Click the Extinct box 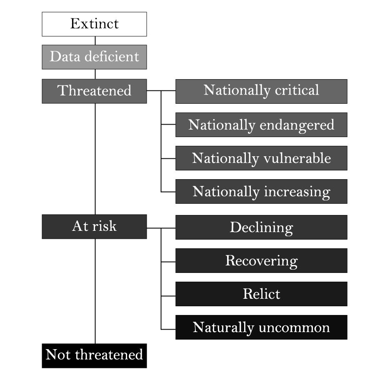94,24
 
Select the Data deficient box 94,57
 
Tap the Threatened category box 94,91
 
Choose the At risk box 94,227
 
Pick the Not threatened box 94,356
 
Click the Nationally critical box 261,91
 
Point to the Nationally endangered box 261,125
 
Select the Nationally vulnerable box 261,158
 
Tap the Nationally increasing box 261,191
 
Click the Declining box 261,227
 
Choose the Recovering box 261,260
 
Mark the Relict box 261,294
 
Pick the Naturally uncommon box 261,327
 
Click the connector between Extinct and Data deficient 95,41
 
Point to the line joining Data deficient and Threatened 95,74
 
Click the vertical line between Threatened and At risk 95,159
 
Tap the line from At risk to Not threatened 95,291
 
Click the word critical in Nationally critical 297,90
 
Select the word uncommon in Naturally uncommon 295,327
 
